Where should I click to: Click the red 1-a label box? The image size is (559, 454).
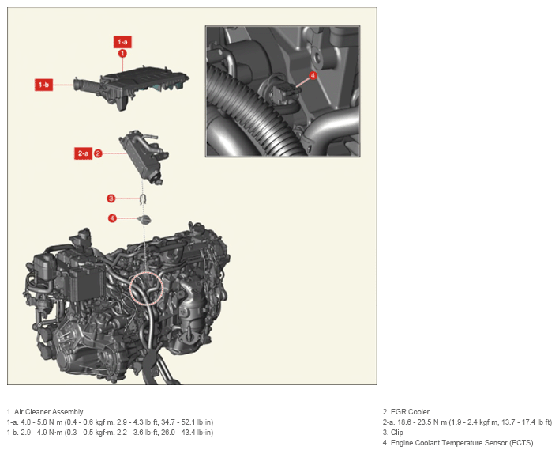(122, 42)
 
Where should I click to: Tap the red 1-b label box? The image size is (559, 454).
(43, 85)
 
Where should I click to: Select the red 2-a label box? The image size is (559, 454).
(83, 153)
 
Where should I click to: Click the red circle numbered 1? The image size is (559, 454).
(122, 53)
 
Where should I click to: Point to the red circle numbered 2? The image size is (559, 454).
(98, 153)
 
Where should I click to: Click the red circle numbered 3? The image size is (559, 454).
(111, 199)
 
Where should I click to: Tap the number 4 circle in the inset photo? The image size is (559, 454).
(313, 75)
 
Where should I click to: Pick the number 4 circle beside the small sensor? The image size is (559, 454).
(112, 218)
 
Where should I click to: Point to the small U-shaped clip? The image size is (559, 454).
(143, 199)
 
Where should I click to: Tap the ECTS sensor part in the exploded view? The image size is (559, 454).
(144, 220)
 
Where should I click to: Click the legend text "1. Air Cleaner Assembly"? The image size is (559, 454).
(45, 412)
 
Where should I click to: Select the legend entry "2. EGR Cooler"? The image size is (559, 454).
(406, 412)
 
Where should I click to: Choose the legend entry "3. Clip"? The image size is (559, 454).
(393, 433)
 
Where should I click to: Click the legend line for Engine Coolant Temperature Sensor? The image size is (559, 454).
(458, 443)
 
